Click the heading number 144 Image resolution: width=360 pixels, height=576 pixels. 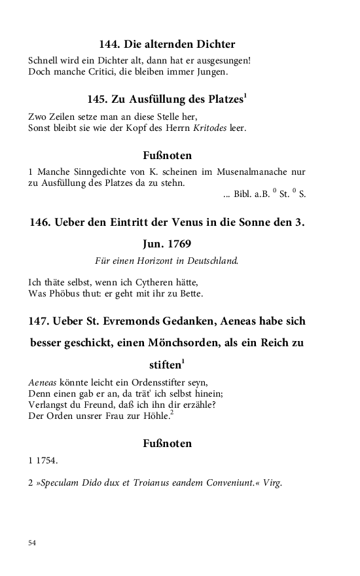click(x=109, y=45)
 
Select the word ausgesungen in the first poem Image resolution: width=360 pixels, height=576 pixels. click(x=221, y=61)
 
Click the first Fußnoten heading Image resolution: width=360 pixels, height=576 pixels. click(x=167, y=156)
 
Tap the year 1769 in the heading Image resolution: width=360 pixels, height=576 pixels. click(x=177, y=244)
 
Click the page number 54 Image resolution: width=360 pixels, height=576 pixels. click(x=32, y=543)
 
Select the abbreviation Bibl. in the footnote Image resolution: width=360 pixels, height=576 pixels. click(x=243, y=194)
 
